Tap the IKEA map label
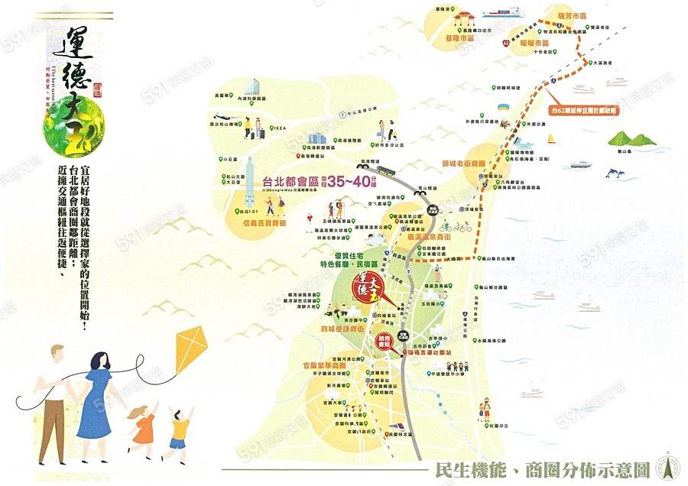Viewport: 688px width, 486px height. pos(276,128)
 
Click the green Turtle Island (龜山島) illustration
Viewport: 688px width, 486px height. pos(632,140)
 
